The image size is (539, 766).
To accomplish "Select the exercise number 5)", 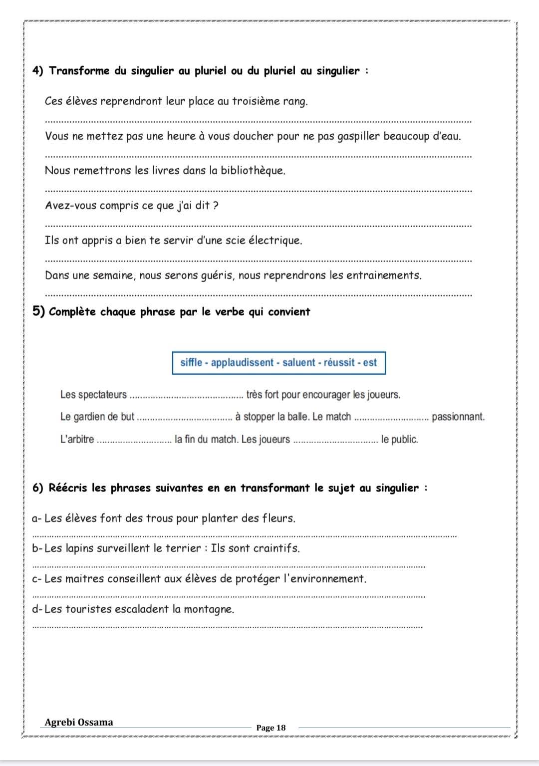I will pos(39,311).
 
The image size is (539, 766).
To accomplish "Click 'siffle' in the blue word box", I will pos(191,363).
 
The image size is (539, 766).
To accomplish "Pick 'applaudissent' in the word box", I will pos(243,363).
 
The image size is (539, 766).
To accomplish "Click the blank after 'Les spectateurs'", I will pos(186,397).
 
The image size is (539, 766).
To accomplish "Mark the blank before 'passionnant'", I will pos(391,419).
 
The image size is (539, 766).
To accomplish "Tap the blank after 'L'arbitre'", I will pos(133,442).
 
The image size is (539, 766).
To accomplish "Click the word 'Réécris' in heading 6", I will pos(68,488).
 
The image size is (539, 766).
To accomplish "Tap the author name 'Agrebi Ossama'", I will pos(79,722).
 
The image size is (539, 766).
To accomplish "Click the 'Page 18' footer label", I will pos(271,728).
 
